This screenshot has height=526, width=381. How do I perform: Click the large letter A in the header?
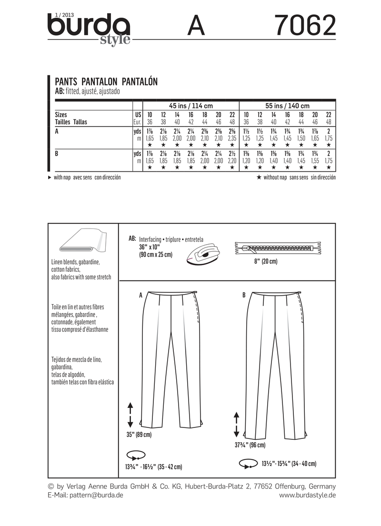pyautogui.click(x=196, y=26)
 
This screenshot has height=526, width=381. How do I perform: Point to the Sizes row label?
pyautogui.click(x=60, y=115)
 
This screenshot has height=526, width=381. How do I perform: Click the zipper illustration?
pyautogui.click(x=279, y=248)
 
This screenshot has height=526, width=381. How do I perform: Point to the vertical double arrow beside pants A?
pyautogui.click(x=130, y=414)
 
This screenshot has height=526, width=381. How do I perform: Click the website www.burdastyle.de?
pyautogui.click(x=308, y=495)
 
